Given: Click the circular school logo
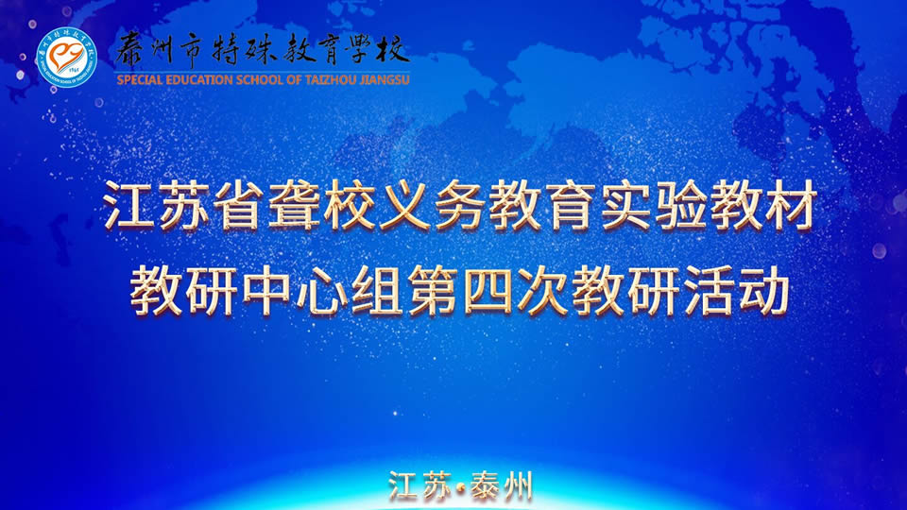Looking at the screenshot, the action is click(x=66, y=58).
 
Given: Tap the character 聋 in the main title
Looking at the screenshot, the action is click(x=295, y=205).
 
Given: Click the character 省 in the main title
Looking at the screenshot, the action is click(x=239, y=205).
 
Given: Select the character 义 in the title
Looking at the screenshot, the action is click(x=404, y=205).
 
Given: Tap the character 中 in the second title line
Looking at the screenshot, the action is click(x=266, y=291).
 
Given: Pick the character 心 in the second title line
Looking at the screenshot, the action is click(x=322, y=291).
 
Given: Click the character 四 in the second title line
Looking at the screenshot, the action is click(x=488, y=291).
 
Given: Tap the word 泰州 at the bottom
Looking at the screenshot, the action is click(x=501, y=487).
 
